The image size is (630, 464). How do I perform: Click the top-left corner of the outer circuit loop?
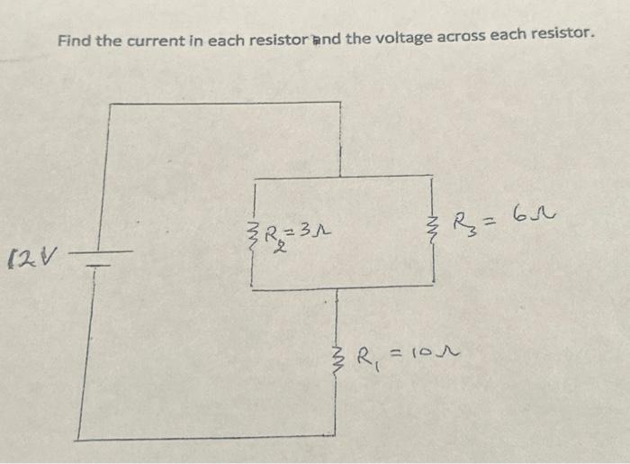110,105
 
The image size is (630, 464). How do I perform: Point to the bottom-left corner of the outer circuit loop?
77,439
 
